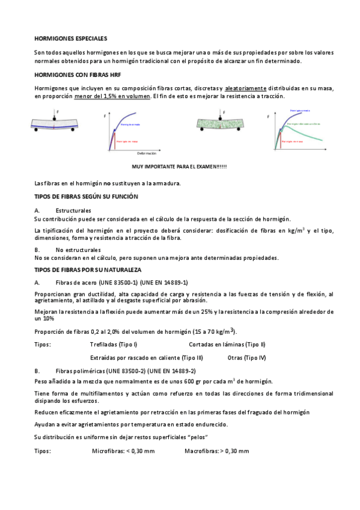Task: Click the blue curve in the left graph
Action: click(129, 120)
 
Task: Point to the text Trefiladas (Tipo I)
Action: click(114, 344)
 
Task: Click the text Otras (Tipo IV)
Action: click(247, 357)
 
